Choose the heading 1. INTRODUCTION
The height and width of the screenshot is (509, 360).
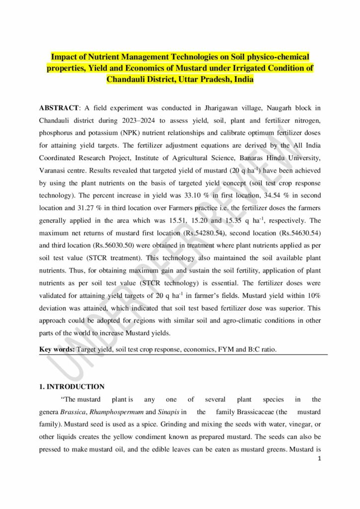pyautogui.click(x=72, y=386)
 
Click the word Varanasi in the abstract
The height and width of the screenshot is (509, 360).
pyautogui.click(x=56, y=172)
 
